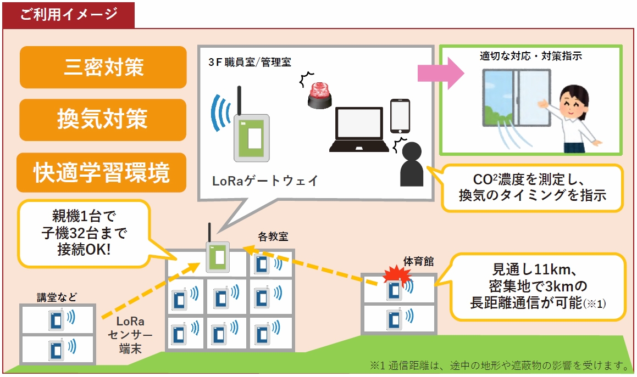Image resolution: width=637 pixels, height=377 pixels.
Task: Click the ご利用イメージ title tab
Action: pyautogui.click(x=69, y=14)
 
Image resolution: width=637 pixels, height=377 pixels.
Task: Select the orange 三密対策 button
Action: pyautogui.click(x=103, y=67)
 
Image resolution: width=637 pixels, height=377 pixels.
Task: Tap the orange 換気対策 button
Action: pyautogui.click(x=103, y=120)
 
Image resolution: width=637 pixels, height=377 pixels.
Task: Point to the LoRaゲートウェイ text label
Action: pyautogui.click(x=265, y=181)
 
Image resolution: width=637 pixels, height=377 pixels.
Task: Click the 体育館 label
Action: pyautogui.click(x=418, y=261)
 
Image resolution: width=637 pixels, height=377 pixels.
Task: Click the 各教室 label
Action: pyautogui.click(x=273, y=237)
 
